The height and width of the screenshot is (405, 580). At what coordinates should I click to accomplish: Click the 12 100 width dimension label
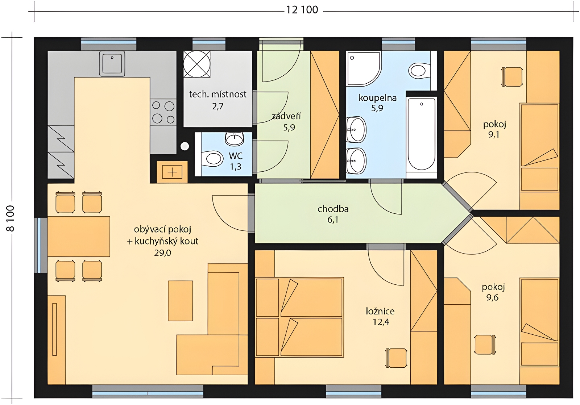pos(302,10)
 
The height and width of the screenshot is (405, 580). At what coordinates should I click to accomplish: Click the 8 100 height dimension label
pos(11,218)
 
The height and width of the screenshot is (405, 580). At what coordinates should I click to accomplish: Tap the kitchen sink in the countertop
pos(112,63)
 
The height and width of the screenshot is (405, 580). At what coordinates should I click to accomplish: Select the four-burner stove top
pos(163,112)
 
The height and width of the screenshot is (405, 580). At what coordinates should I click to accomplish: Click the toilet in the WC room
pos(212,158)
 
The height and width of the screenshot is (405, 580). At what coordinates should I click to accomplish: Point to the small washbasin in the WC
pos(235,139)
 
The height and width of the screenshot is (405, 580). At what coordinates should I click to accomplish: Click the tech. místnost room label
pos(218,94)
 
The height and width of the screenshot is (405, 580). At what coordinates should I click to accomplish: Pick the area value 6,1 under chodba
pos(333,220)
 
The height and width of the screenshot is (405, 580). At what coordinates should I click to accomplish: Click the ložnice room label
pos(380,311)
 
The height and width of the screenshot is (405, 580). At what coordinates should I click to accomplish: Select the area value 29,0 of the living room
pos(163,252)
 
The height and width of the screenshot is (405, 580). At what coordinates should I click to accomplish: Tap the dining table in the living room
pos(79,237)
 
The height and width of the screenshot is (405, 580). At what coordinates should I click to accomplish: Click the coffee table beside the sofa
pos(181,301)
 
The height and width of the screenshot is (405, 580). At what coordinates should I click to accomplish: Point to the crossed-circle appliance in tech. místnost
pos(197,64)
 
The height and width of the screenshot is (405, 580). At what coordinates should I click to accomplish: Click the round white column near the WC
pos(185,146)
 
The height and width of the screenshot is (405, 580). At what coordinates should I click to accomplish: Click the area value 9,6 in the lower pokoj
pos(492,298)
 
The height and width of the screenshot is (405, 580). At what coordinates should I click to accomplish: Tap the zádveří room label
pos(286,116)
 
